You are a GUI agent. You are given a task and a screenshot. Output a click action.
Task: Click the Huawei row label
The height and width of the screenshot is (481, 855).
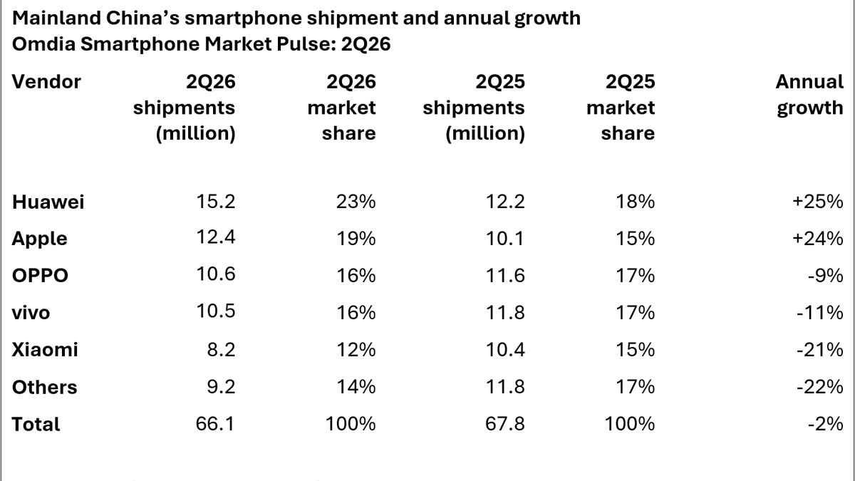pyautogui.click(x=48, y=202)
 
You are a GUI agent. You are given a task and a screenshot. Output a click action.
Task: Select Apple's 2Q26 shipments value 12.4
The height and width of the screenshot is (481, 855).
pyautogui.click(x=216, y=237)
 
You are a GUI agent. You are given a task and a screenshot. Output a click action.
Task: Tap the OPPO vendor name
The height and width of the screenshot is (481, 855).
pyautogui.click(x=40, y=275)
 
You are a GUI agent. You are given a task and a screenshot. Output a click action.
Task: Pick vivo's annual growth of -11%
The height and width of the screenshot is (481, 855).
pyautogui.click(x=820, y=313)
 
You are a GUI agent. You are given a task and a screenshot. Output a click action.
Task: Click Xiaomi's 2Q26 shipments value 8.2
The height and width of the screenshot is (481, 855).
pyautogui.click(x=221, y=350)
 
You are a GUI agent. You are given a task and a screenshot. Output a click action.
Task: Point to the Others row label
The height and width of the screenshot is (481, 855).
pyautogui.click(x=45, y=387)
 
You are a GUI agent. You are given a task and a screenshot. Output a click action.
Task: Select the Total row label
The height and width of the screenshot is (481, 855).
pyautogui.click(x=36, y=424)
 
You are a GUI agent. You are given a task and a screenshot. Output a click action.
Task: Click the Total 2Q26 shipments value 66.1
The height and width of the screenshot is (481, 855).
pyautogui.click(x=215, y=424)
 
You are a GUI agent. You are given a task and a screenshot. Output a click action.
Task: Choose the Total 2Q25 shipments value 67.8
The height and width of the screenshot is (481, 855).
pyautogui.click(x=505, y=424)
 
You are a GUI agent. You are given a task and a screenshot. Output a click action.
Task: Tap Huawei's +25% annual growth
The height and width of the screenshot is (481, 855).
pyautogui.click(x=818, y=202)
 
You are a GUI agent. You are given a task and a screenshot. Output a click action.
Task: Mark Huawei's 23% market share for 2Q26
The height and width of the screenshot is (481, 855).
pyautogui.click(x=356, y=202)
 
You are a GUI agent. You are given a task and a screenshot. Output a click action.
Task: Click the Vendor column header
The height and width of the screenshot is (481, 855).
pyautogui.click(x=46, y=82)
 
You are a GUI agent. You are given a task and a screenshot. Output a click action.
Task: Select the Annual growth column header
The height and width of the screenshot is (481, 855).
pyautogui.click(x=809, y=95)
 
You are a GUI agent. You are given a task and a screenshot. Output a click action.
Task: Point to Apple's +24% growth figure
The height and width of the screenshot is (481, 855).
pyautogui.click(x=818, y=239)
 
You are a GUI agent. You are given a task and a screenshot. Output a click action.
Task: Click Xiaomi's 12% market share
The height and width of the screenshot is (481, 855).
pyautogui.click(x=356, y=350)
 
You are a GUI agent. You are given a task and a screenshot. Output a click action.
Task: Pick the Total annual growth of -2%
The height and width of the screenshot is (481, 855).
pyautogui.click(x=825, y=424)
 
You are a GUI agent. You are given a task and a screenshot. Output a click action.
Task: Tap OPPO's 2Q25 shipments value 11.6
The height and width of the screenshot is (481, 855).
pyautogui.click(x=505, y=275)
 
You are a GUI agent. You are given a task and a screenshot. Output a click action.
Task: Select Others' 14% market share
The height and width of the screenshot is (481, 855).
pyautogui.click(x=356, y=387)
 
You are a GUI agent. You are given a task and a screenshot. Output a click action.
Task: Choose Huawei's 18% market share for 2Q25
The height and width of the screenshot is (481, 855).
pyautogui.click(x=635, y=202)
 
